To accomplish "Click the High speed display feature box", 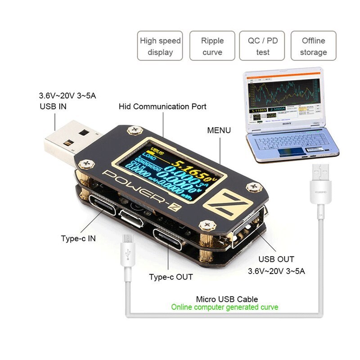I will pyautogui.click(x=160, y=46).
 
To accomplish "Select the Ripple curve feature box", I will pyautogui.click(x=212, y=46).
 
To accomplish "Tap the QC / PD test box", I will pyautogui.click(x=263, y=46).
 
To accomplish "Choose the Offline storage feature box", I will pyautogui.click(x=313, y=46).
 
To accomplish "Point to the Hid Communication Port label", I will pyautogui.click(x=162, y=107).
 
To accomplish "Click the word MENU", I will pyautogui.click(x=219, y=130).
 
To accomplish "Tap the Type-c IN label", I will pyautogui.click(x=78, y=238).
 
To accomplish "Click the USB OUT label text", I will pyautogui.click(x=276, y=259).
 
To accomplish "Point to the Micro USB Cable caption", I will pyautogui.click(x=227, y=299).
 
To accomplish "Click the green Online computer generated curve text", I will pyautogui.click(x=225, y=307).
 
